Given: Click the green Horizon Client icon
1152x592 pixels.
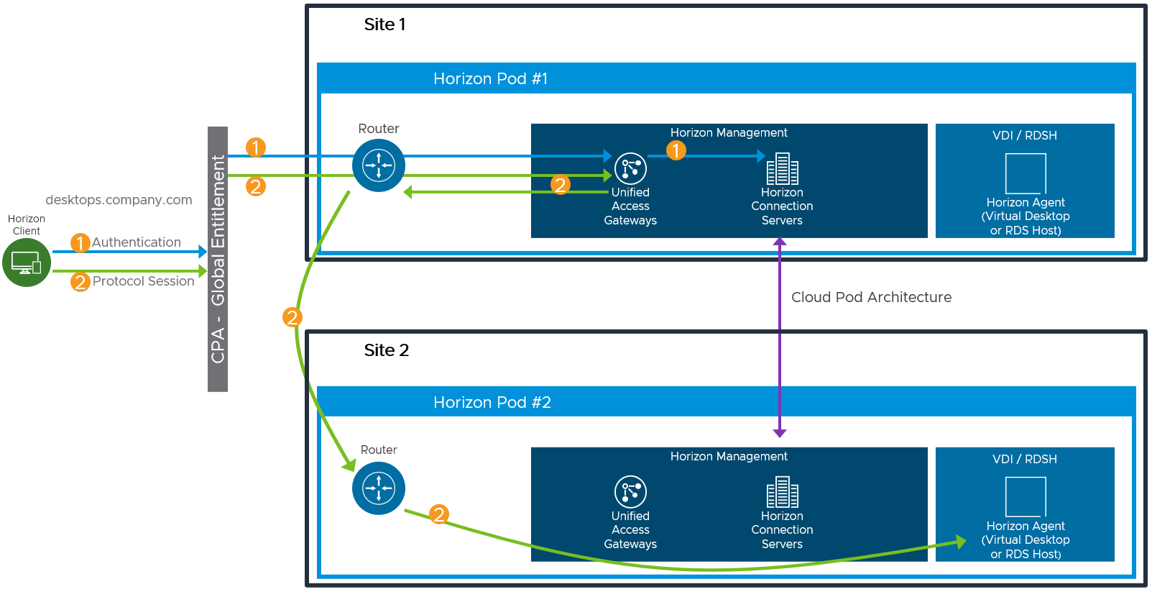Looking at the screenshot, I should (x=27, y=263).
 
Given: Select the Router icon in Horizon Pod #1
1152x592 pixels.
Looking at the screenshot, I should (x=379, y=165).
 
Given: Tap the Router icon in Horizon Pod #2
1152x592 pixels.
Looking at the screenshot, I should (x=379, y=488).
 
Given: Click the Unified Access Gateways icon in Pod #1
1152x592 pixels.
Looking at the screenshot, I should (x=630, y=168).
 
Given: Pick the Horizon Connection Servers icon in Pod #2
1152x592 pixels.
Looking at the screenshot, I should (x=782, y=492).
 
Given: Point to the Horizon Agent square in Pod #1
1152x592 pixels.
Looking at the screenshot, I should (x=1026, y=173).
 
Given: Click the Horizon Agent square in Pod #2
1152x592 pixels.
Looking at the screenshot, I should (x=1026, y=496).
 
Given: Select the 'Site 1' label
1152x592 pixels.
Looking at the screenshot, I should (x=384, y=24).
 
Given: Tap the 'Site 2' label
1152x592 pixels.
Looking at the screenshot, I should (x=386, y=350).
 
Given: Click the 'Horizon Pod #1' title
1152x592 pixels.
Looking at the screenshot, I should (x=490, y=78).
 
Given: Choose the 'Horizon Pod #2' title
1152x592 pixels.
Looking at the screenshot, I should (x=492, y=402).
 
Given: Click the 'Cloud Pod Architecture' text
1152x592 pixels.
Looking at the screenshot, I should (x=871, y=297).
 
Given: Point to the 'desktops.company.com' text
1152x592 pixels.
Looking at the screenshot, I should (x=119, y=200).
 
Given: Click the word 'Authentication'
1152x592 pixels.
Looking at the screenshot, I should (x=137, y=242).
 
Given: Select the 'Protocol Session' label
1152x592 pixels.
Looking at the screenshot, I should (x=143, y=281).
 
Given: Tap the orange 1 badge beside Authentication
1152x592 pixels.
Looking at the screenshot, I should (x=80, y=243).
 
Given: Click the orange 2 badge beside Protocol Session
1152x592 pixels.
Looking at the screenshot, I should (x=80, y=282).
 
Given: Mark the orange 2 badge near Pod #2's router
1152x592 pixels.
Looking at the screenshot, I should (x=439, y=514).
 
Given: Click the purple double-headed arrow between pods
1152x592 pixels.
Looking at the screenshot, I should (x=780, y=338).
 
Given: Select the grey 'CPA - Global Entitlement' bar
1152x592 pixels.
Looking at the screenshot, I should (x=218, y=259).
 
